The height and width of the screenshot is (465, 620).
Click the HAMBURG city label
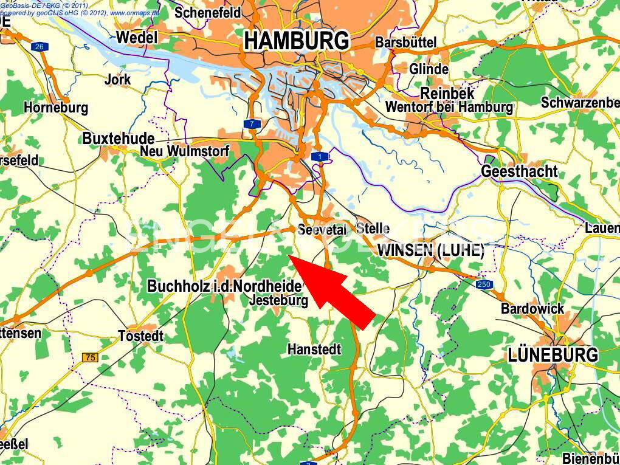click(297, 41)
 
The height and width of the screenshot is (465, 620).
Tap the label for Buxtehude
click(118, 139)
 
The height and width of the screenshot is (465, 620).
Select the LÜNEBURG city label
click(553, 355)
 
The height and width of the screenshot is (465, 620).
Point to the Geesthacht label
click(519, 171)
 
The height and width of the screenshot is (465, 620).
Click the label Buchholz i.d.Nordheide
click(224, 286)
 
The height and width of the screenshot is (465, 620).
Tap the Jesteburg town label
click(279, 300)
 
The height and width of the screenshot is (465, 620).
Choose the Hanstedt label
click(314, 350)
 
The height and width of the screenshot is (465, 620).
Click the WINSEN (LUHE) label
click(430, 250)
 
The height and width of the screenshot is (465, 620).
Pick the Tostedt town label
click(141, 336)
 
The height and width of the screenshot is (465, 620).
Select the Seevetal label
click(322, 230)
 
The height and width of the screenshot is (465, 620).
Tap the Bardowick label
click(532, 309)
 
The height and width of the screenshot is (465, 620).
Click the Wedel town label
click(136, 38)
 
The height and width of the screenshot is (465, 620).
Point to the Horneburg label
click(56, 108)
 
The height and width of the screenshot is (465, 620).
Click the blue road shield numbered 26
click(41, 47)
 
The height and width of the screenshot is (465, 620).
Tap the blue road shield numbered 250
click(484, 284)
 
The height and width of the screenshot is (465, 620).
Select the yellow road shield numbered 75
click(90, 357)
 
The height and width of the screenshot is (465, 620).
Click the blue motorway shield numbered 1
click(320, 157)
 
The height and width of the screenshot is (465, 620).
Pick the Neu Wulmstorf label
click(185, 151)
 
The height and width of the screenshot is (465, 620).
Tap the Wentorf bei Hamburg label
click(449, 108)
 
